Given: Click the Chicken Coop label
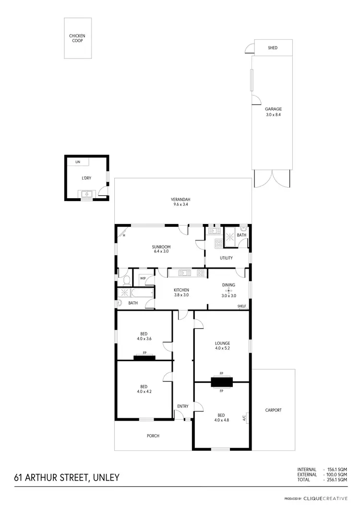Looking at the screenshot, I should pos(78,38).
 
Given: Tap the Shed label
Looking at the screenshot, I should pos(273,48).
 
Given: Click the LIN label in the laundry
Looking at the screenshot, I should pos(78,163).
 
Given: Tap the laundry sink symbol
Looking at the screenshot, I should pos(87,194).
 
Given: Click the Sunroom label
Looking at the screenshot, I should pos(161,247).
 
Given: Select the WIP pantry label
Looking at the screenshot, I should pos(143,278).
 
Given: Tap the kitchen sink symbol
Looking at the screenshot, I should pos(185,273).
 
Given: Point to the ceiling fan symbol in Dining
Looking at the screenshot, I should pos(229,290).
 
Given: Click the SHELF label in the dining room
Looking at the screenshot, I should pos(241,307).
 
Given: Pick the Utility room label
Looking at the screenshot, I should pos(226,258).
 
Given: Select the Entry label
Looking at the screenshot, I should pos(183,406).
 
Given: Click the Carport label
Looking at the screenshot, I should pos(273,410).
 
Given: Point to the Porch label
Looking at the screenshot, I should pos(153,436).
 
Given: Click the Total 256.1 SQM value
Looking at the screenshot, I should pos(336,480).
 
